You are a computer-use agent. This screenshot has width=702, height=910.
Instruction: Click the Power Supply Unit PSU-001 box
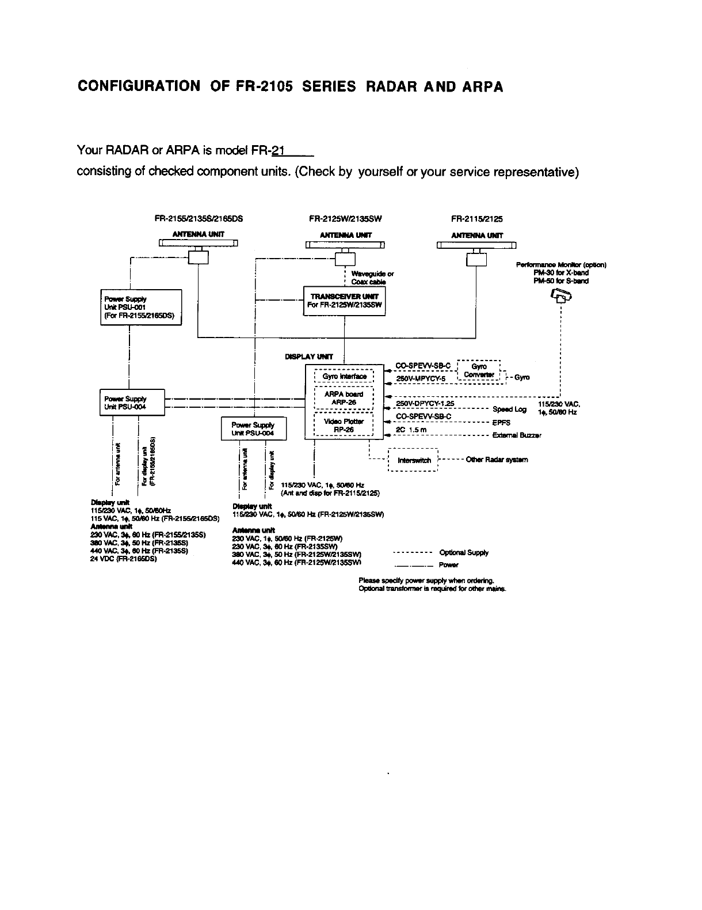pyautogui.click(x=141, y=307)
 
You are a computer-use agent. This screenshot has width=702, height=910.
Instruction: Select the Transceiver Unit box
pyautogui.click(x=344, y=300)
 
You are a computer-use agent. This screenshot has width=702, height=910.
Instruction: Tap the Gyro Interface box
pyautogui.click(x=344, y=376)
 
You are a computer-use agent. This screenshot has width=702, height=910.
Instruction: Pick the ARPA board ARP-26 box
pyautogui.click(x=344, y=397)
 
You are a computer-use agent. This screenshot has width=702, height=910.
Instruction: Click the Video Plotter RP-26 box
pyautogui.click(x=344, y=425)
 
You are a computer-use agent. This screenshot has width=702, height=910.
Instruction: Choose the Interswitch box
pyautogui.click(x=414, y=460)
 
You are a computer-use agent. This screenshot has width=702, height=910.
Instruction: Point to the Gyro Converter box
pyautogui.click(x=479, y=370)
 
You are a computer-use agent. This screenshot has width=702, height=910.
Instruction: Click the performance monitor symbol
pyautogui.click(x=562, y=296)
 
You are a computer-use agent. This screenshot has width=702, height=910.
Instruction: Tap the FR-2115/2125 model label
pyautogui.click(x=476, y=219)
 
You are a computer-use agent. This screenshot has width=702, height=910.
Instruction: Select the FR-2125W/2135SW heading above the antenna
pyautogui.click(x=345, y=219)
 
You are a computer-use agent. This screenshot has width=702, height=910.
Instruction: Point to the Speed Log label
pyautogui.click(x=509, y=409)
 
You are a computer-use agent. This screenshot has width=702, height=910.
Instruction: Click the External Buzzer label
pyautogui.click(x=517, y=435)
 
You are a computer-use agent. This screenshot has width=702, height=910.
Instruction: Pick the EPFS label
pyautogui.click(x=501, y=422)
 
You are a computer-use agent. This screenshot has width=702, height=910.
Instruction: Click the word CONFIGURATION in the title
pyautogui.click(x=139, y=87)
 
